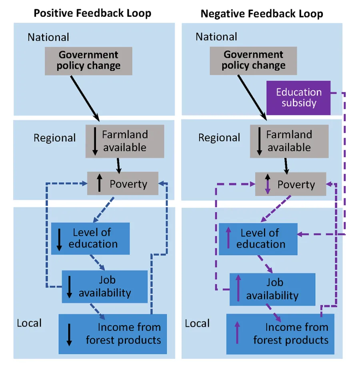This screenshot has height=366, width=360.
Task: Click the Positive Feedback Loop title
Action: click(x=92, y=13)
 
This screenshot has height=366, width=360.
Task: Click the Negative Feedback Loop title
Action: click(x=262, y=13)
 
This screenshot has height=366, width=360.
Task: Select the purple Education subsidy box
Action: click(x=298, y=97)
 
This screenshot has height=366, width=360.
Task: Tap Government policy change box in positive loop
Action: click(x=88, y=60)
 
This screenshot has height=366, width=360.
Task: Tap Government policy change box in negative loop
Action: click(x=253, y=60)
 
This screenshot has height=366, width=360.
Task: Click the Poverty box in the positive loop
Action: click(x=123, y=184)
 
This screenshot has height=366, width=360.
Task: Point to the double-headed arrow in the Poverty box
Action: click(x=268, y=185)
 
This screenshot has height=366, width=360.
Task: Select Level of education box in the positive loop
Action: click(x=90, y=239)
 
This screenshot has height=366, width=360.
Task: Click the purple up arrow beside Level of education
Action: click(x=228, y=239)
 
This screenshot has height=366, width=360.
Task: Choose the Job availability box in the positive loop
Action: click(x=105, y=286)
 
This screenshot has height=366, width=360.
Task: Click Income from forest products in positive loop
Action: click(x=112, y=334)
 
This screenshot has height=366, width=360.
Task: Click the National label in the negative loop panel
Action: click(x=216, y=37)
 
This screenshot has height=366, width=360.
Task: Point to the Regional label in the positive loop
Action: click(x=54, y=138)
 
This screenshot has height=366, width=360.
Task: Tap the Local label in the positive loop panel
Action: click(x=29, y=323)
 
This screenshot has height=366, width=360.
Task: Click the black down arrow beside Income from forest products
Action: click(x=69, y=334)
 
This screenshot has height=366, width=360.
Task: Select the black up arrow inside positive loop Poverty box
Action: click(x=99, y=184)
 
